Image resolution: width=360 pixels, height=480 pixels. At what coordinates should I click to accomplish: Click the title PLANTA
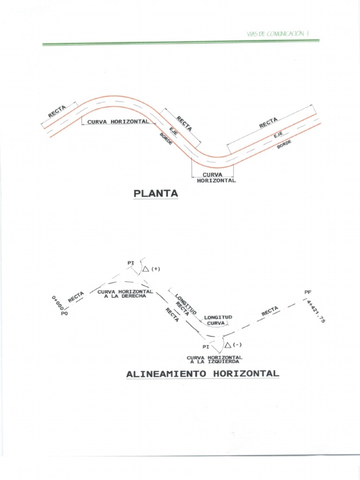tap(156, 193)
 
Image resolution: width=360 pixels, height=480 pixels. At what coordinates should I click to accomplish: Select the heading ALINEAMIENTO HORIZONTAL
tap(202, 374)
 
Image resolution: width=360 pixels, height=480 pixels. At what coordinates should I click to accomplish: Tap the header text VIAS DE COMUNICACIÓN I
tap(278, 33)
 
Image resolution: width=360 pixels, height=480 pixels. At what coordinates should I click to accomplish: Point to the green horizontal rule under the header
tap(180, 43)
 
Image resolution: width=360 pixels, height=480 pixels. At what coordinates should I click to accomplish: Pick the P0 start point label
tap(64, 314)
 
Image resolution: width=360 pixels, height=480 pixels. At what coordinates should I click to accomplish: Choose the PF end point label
tap(308, 292)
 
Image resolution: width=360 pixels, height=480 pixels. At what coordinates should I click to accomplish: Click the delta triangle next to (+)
tap(146, 269)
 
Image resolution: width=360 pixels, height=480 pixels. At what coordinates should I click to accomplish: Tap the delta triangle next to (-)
tap(228, 345)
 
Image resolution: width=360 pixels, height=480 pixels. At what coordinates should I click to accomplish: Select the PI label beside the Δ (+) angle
tap(131, 263)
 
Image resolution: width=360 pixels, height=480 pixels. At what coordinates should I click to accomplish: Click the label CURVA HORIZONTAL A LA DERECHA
tap(125, 294)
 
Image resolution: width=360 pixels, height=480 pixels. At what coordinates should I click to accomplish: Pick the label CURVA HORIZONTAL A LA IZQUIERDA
tap(214, 359)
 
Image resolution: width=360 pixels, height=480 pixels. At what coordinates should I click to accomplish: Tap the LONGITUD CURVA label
tap(218, 320)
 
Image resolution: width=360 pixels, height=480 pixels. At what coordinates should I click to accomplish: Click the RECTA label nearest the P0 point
tap(76, 297)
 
